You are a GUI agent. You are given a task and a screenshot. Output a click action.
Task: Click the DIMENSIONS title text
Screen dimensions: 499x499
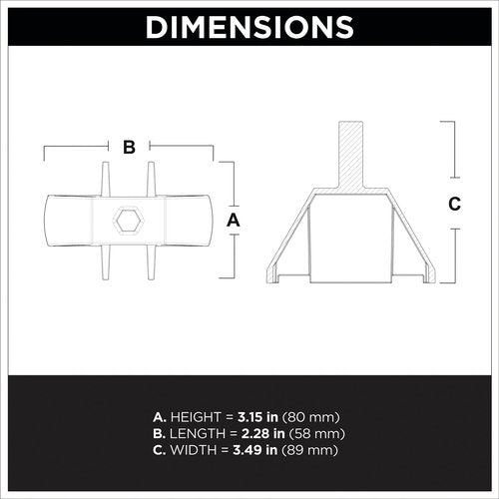coord(249,27)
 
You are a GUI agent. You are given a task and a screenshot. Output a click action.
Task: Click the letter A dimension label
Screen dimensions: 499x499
coord(234,221)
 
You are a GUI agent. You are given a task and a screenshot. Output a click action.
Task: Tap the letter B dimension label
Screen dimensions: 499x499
coord(129,147)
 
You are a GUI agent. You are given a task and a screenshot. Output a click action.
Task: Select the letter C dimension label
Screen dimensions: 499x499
coord(454,204)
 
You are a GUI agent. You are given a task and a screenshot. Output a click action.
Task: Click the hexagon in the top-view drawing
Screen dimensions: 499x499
coord(129,221)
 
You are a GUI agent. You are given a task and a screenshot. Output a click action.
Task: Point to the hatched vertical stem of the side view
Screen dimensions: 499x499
coord(351,155)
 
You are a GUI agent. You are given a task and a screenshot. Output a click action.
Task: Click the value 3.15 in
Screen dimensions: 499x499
coord(257,417)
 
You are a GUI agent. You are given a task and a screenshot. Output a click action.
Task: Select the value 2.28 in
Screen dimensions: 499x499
coord(262,433)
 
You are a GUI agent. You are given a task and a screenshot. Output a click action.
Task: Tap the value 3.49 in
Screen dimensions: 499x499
coord(255,450)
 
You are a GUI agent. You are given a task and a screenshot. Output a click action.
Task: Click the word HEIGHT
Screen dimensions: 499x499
coord(196,417)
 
